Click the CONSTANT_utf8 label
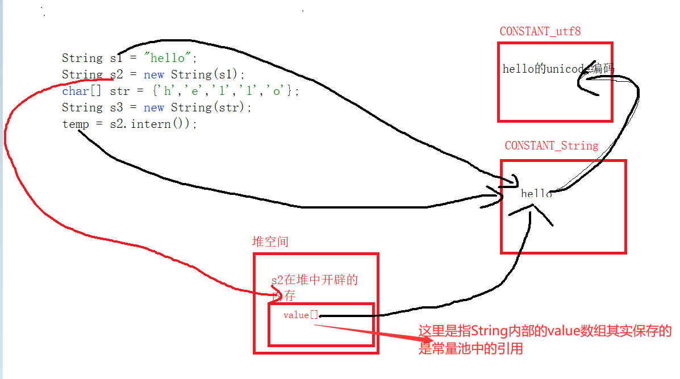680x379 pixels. click(540, 31)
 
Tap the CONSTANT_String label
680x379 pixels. click(552, 145)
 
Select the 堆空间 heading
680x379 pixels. click(270, 241)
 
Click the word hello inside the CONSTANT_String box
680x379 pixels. click(536, 194)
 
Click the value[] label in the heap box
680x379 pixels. click(301, 315)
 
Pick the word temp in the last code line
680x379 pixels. click(76, 124)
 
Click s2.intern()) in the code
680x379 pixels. click(153, 124)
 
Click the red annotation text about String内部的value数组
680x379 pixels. click(544, 339)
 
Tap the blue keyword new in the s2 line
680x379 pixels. click(153, 74)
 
